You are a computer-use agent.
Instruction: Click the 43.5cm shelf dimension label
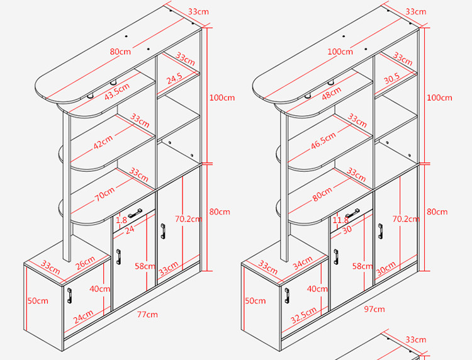tap(118, 90)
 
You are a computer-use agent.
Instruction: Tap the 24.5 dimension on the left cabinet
tap(174, 79)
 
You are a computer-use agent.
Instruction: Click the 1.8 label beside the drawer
tap(121, 220)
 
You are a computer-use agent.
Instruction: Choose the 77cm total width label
tap(149, 314)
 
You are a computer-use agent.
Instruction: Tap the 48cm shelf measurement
tap(331, 93)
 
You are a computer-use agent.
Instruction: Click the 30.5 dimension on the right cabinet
tap(391, 79)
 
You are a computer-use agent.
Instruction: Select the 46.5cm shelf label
tap(323, 141)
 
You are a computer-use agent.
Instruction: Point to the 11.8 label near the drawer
tap(340, 220)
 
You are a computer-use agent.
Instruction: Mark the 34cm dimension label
tap(302, 261)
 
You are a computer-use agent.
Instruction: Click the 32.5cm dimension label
tap(304, 312)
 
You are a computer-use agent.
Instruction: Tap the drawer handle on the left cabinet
tap(135, 215)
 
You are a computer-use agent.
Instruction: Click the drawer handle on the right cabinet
tap(352, 215)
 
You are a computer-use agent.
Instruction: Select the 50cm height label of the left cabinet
tap(38, 301)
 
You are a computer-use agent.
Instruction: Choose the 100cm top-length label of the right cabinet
tap(339, 51)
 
